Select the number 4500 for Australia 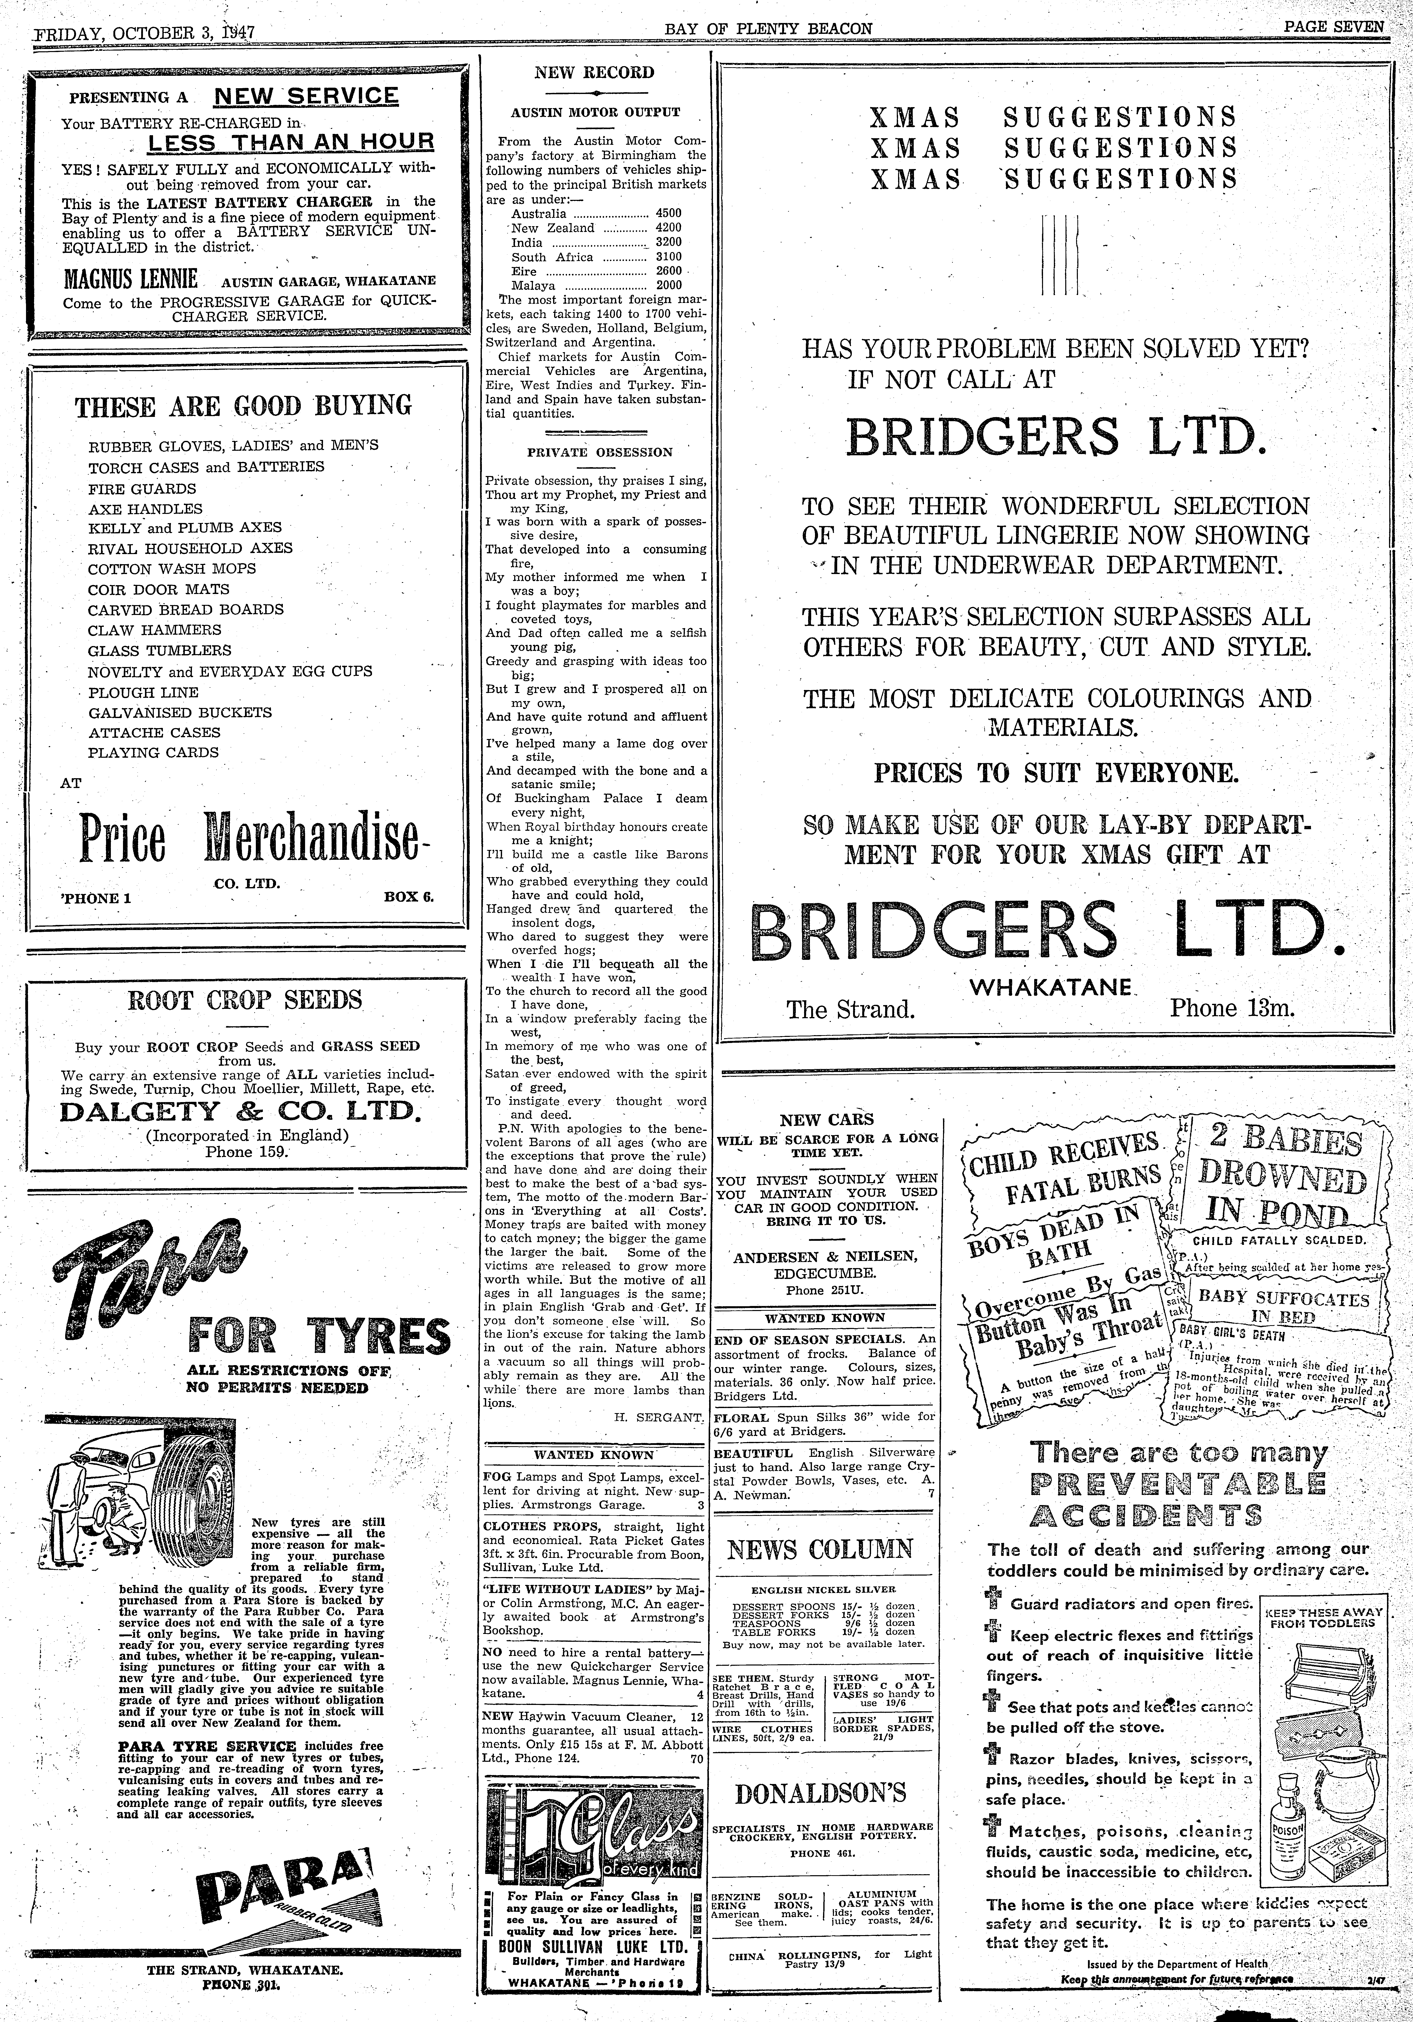668,213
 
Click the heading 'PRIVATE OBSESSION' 599,453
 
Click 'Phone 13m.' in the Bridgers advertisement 1232,1008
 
